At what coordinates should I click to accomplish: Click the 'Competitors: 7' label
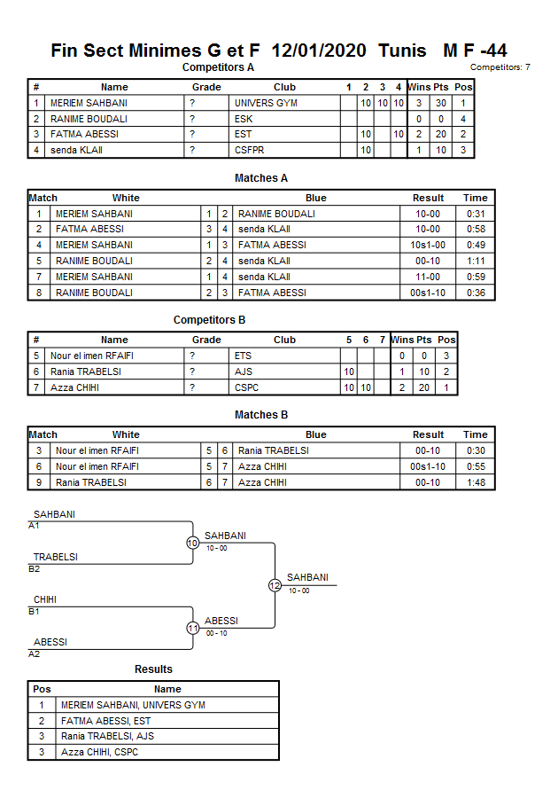[x=500, y=67]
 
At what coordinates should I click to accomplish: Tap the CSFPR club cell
[x=249, y=151]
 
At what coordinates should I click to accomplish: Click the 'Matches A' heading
[x=261, y=178]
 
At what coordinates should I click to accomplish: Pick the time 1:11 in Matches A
[x=476, y=261]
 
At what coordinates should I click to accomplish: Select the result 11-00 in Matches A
[x=428, y=277]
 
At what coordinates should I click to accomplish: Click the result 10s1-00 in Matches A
[x=428, y=245]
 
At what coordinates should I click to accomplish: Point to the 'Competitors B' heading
[x=209, y=320]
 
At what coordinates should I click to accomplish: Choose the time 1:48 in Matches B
[x=476, y=482]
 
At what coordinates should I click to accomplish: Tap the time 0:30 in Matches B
[x=476, y=450]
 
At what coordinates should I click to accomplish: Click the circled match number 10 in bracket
[x=192, y=544]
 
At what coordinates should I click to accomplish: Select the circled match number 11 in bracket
[x=192, y=629]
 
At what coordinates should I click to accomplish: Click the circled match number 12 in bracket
[x=275, y=585]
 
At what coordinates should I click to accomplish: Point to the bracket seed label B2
[x=34, y=568]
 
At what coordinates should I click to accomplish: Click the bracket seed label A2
[x=34, y=653]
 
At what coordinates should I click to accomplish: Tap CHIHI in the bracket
[x=45, y=600]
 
